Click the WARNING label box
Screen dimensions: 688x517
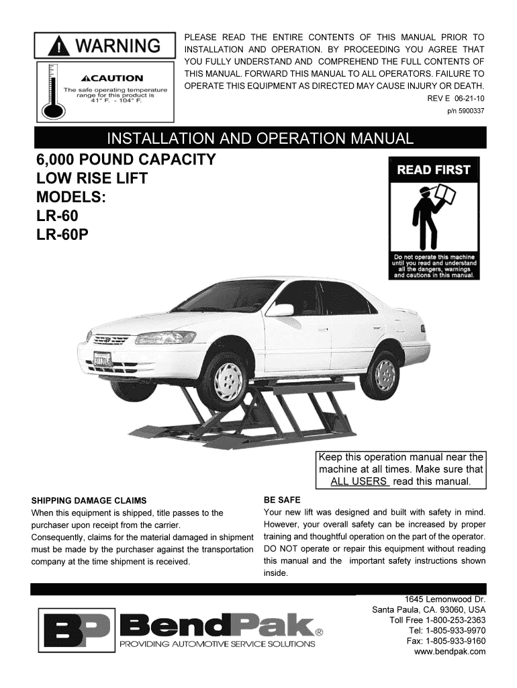104,46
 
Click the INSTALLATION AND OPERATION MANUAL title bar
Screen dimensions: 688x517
260,139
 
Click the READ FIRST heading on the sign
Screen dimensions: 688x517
433,170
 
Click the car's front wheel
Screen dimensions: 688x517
225,378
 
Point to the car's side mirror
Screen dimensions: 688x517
280,310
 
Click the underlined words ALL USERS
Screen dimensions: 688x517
359,482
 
